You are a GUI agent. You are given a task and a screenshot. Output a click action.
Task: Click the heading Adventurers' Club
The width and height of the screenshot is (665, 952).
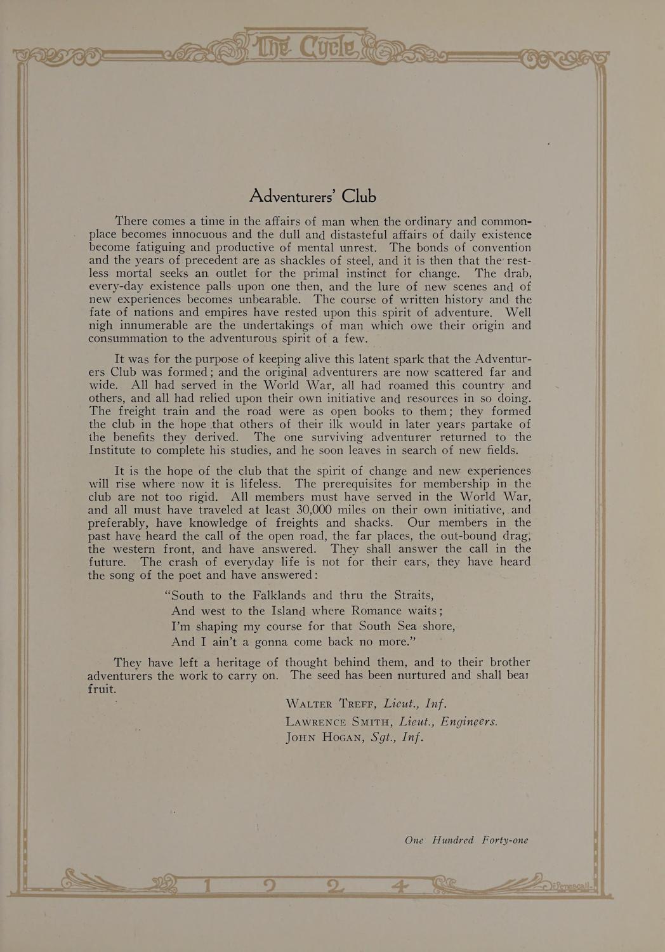pyautogui.click(x=312, y=196)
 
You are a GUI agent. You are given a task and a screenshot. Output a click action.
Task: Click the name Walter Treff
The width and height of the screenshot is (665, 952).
pyautogui.click(x=332, y=704)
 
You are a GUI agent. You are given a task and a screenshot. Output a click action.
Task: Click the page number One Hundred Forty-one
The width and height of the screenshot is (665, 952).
pyautogui.click(x=466, y=840)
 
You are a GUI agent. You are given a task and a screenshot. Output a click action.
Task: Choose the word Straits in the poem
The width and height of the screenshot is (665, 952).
pyautogui.click(x=414, y=595)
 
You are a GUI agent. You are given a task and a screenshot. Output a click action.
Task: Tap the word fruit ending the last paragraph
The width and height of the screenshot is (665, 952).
pyautogui.click(x=102, y=689)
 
